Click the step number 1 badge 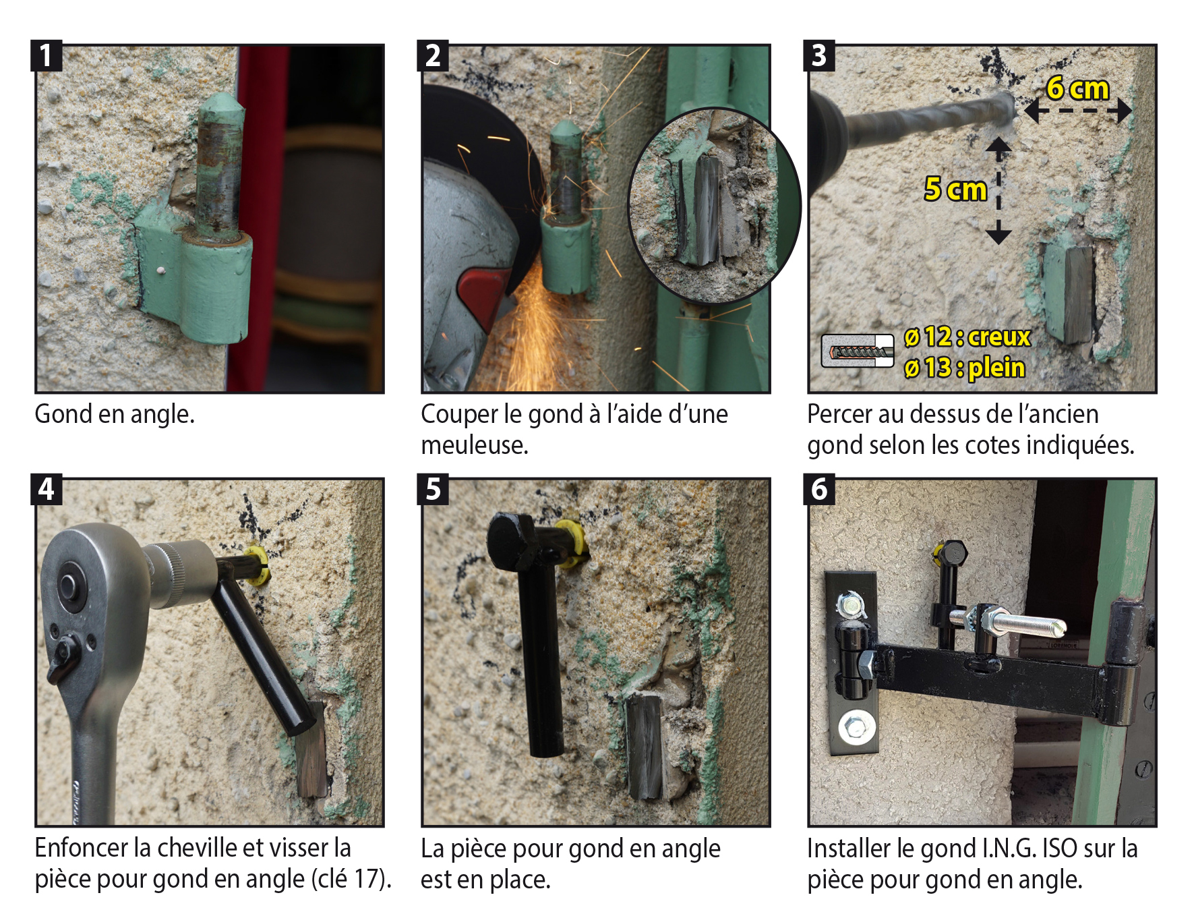[x=46, y=55]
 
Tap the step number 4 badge [x=46, y=489]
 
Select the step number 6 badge [x=818, y=489]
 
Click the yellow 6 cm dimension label [x=1077, y=88]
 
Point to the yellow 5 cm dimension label [x=955, y=190]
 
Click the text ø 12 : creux [x=967, y=337]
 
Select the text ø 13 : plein [x=965, y=368]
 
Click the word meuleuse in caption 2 [x=474, y=445]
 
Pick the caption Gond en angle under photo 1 [x=115, y=414]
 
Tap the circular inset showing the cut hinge [x=714, y=205]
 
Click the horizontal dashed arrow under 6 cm [x=1077, y=111]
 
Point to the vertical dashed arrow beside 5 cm [x=998, y=191]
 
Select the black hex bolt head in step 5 [x=512, y=541]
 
